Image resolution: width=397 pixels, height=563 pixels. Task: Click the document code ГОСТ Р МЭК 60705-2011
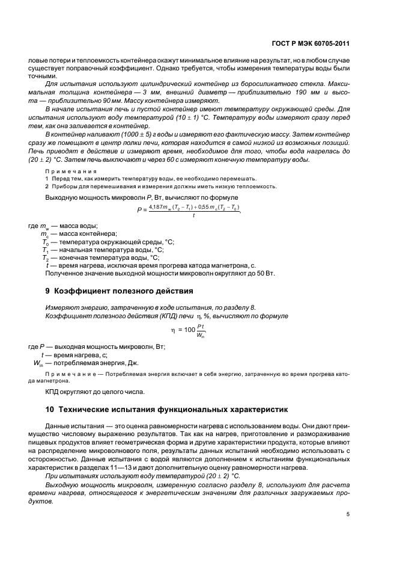click(311, 44)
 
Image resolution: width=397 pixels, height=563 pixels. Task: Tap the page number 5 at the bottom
click(348, 514)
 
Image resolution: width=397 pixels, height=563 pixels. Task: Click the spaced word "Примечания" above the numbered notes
click(71, 171)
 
